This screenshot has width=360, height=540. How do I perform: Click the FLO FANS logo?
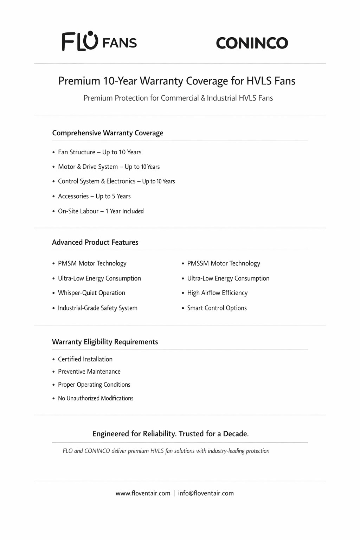click(x=99, y=41)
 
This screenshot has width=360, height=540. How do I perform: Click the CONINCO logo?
click(x=252, y=43)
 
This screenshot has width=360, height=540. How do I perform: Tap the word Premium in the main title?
click(x=79, y=81)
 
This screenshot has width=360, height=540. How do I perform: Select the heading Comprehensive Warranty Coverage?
click(x=108, y=133)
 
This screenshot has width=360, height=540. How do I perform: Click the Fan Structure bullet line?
click(x=99, y=152)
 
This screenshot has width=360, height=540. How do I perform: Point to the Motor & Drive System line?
click(x=109, y=167)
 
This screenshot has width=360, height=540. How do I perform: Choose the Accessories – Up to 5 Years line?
click(x=94, y=196)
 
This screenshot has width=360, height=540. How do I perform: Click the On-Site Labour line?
click(x=101, y=211)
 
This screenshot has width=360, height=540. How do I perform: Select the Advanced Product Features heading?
click(x=95, y=242)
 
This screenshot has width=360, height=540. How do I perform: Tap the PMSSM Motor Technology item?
click(x=224, y=263)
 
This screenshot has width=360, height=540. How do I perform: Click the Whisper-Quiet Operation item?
click(x=91, y=293)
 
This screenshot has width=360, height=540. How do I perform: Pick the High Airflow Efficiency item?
click(x=217, y=293)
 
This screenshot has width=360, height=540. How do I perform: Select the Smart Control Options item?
click(x=217, y=308)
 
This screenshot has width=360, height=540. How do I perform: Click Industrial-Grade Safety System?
click(x=97, y=308)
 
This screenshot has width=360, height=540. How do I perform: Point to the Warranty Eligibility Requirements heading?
click(x=105, y=342)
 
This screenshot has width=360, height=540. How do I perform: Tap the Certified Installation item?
click(x=85, y=359)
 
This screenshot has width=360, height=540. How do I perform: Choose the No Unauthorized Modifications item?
click(x=96, y=398)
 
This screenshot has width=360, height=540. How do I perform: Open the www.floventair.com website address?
click(x=143, y=493)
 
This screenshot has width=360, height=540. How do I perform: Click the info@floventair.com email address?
click(x=206, y=493)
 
